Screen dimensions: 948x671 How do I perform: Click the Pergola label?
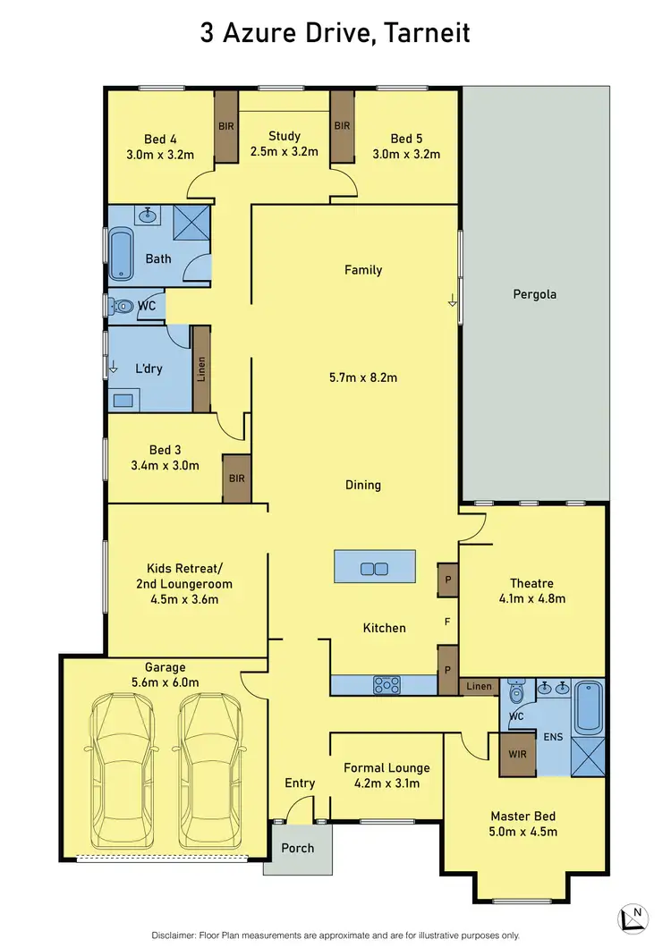coord(535,293)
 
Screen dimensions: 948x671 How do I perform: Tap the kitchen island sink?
coord(372,568)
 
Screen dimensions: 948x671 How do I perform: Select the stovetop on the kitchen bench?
coord(386,685)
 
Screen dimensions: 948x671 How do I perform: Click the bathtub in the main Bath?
coord(121,254)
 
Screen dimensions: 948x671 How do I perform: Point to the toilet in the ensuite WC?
coord(517,694)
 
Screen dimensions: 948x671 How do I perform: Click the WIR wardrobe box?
coord(516,753)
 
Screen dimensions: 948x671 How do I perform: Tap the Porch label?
coord(298,847)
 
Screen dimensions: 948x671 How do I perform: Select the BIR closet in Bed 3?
coord(237,478)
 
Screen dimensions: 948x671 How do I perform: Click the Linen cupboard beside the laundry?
coord(201,369)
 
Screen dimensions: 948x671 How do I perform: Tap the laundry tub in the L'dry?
coord(123,401)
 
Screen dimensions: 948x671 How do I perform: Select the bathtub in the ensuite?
coord(589,707)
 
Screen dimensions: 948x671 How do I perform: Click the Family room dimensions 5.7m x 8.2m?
coord(363,377)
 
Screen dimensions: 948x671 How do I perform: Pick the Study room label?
coord(285,137)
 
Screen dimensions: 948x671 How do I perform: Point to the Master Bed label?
coord(522,816)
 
